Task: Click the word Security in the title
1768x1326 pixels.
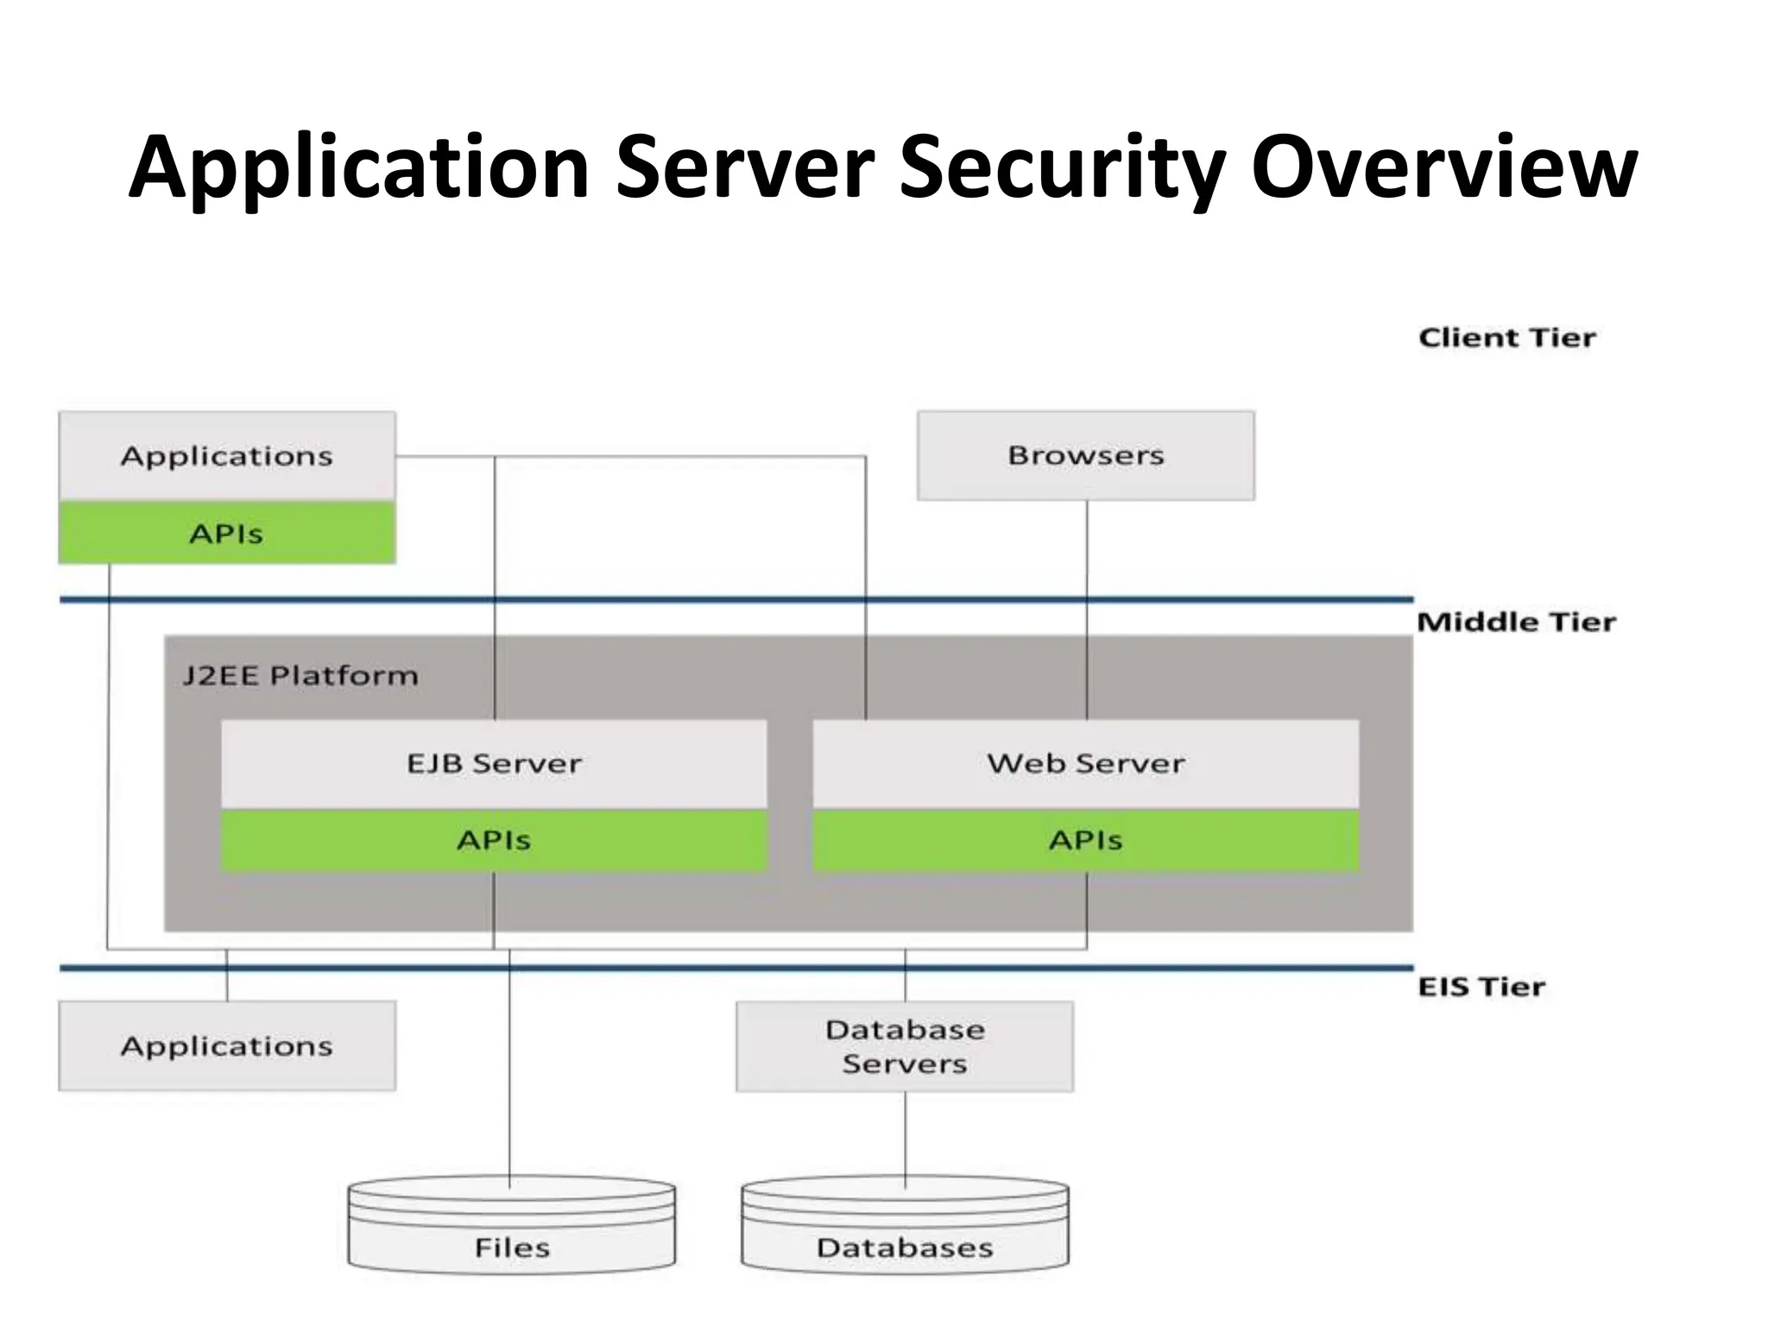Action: pos(1062,168)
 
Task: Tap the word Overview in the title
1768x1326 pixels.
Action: pos(1443,168)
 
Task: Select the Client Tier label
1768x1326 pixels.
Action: pos(1506,338)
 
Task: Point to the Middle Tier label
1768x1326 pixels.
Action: pos(1516,622)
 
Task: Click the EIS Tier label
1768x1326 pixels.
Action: pos(1481,986)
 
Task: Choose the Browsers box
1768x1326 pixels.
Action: pos(1086,455)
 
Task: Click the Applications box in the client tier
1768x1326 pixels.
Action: pos(227,455)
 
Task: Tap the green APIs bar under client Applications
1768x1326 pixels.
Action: pos(227,534)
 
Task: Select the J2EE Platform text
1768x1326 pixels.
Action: pos(300,675)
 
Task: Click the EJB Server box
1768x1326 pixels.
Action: pos(494,763)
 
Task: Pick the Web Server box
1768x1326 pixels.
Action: pos(1086,763)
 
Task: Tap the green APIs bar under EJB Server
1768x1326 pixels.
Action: pos(494,840)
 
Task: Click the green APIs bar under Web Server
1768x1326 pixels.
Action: pos(1086,840)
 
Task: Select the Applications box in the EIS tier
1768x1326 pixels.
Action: pos(227,1045)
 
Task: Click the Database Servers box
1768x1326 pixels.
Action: pos(905,1045)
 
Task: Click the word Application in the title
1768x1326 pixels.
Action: pos(358,168)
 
